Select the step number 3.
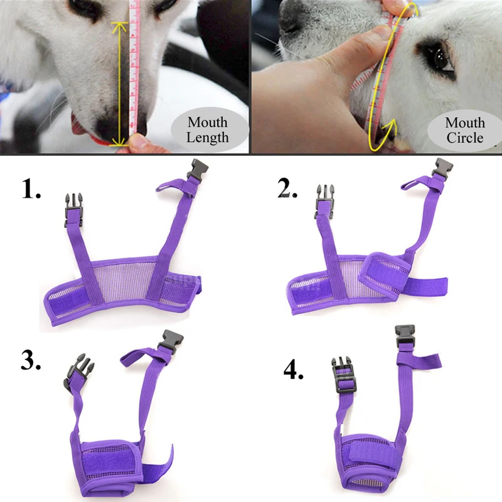31,359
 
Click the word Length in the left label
207,137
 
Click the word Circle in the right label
465,137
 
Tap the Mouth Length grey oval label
207,130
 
